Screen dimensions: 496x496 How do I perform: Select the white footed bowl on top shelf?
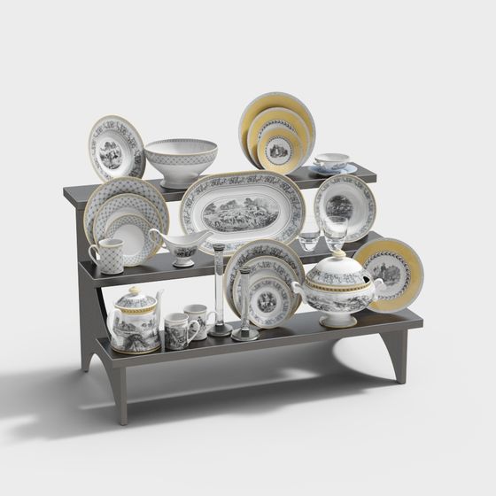coord(181,160)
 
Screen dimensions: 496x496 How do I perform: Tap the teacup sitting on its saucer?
coord(332,161)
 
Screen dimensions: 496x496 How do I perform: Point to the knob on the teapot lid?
coord(134,291)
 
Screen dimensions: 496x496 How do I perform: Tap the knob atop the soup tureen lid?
coord(337,254)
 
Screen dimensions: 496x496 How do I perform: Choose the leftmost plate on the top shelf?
coord(116,148)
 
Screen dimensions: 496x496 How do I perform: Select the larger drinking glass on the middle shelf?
coord(335,232)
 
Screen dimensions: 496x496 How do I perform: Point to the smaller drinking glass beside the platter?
coord(309,239)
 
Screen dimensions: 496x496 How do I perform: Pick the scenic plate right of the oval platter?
coord(345,205)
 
